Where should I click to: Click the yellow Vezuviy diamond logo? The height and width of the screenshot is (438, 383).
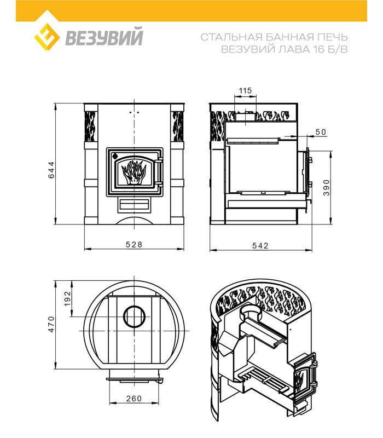47,37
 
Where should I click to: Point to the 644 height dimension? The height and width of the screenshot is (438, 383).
51,170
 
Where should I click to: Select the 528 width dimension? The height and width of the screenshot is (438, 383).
134,244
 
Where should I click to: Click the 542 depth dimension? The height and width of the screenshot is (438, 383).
260,245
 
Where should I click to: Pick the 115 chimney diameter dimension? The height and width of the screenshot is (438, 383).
245,90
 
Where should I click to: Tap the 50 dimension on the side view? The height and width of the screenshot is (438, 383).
321,132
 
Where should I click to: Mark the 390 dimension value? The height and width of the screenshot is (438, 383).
326,188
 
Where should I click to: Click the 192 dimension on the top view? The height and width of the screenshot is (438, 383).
67,298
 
